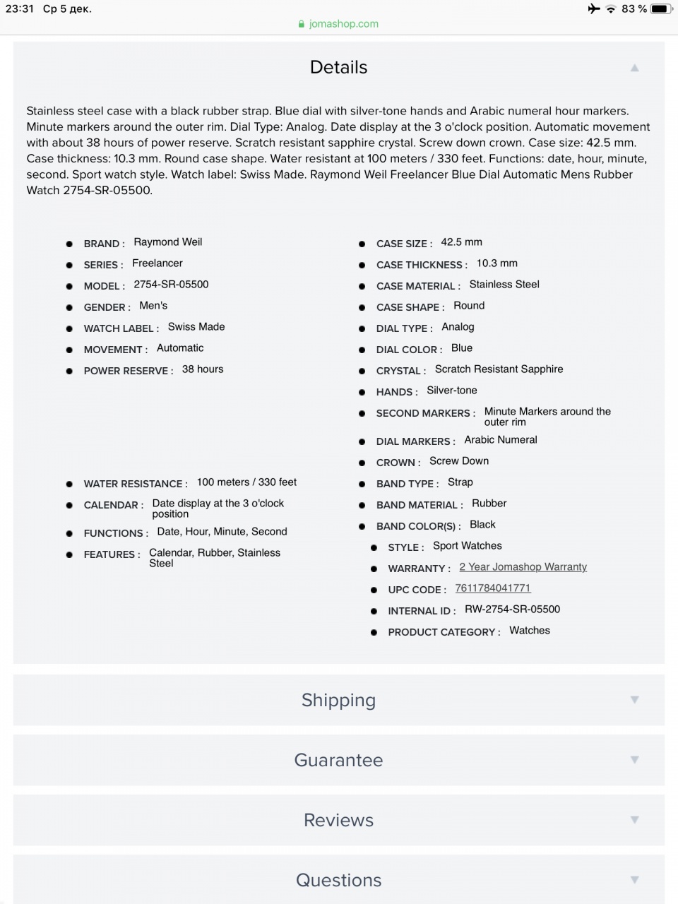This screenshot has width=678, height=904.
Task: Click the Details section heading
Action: tap(338, 67)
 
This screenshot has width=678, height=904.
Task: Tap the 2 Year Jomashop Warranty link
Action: tap(523, 567)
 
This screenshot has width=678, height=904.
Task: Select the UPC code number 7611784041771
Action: tap(492, 588)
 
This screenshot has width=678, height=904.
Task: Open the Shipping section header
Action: tap(338, 700)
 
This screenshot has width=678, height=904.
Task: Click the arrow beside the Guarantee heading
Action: tap(634, 760)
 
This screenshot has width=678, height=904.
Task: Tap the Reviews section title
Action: tap(338, 820)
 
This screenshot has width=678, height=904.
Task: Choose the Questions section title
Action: tap(338, 880)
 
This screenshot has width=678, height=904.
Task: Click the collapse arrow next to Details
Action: tap(634, 68)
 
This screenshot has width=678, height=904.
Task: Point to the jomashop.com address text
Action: tap(343, 24)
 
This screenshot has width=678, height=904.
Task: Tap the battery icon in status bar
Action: tap(661, 8)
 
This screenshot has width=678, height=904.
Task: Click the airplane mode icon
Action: tap(593, 8)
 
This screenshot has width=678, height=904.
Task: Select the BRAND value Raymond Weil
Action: tap(168, 242)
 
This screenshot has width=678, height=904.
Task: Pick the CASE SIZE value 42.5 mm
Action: tap(461, 242)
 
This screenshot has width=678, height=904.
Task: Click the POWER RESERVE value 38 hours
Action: tap(203, 369)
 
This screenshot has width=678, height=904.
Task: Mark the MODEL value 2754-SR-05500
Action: tap(171, 285)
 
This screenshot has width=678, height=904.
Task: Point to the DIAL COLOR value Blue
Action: tap(462, 348)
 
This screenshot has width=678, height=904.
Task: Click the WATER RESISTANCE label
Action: tap(136, 484)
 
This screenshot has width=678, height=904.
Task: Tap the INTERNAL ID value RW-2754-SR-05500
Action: tap(512, 609)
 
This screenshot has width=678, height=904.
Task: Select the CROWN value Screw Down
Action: tap(459, 461)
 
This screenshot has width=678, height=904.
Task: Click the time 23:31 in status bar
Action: tap(20, 8)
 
